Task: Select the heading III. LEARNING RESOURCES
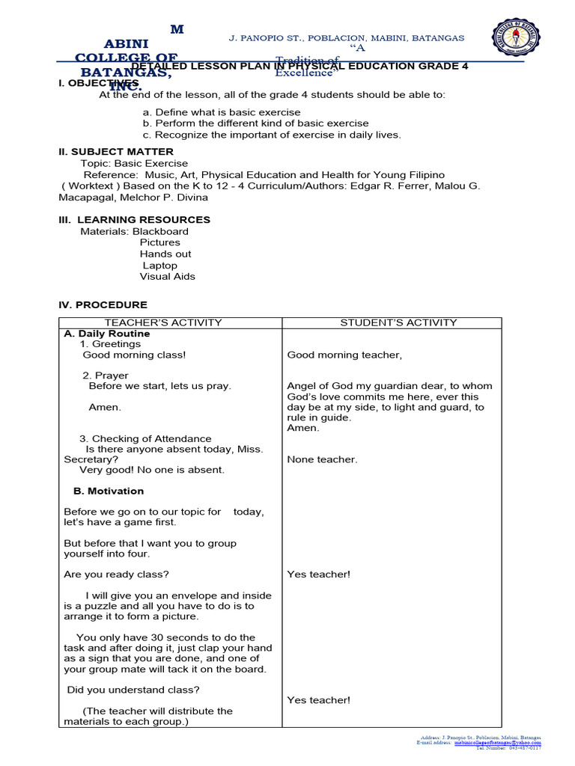click(135, 220)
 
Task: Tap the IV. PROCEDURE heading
click(103, 305)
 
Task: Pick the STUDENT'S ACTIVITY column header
click(398, 322)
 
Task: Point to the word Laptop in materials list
click(159, 266)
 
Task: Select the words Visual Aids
click(167, 277)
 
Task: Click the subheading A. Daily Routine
click(107, 334)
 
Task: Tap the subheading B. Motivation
click(109, 491)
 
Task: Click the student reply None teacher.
click(322, 459)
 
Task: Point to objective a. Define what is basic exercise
click(222, 112)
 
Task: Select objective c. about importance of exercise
click(272, 135)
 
